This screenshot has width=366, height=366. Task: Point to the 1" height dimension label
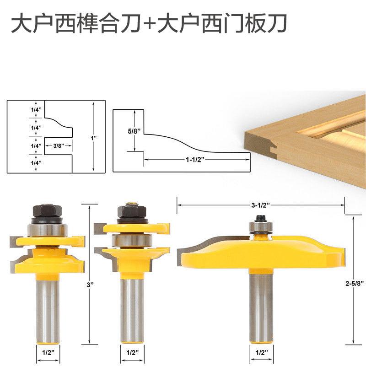tap(94, 137)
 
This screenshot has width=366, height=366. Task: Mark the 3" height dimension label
tap(91, 285)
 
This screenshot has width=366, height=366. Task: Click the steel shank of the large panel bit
tap(259, 307)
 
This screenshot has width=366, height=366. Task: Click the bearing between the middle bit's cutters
tap(131, 238)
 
